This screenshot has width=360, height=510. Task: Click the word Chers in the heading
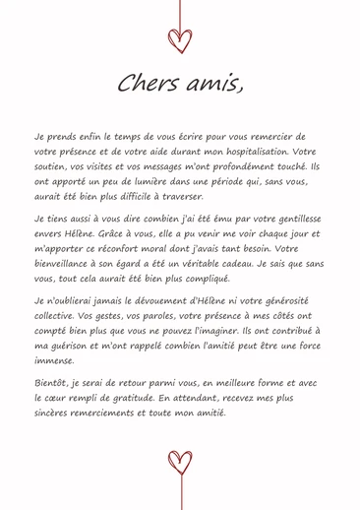coord(145,85)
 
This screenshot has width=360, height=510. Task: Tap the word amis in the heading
coord(211,85)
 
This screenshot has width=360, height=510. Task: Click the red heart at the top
coord(179,39)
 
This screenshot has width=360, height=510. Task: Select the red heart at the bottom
coord(179,461)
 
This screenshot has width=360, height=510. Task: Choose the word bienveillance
coord(70,264)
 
